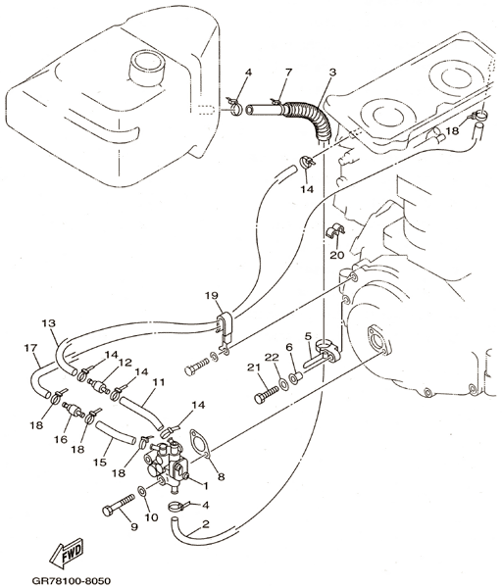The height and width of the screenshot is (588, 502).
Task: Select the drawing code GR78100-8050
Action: point(72,581)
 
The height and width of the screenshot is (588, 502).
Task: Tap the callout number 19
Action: point(211,296)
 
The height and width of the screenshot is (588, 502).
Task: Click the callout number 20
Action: point(337,255)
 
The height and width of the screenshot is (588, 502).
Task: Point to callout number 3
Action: point(332,72)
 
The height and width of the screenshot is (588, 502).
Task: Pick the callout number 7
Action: point(288,72)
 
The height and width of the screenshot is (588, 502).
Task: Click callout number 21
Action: point(254,367)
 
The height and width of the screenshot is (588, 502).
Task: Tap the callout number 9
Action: point(134,527)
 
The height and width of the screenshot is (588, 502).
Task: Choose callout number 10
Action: point(151,517)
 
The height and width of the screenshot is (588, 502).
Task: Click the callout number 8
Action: point(221,476)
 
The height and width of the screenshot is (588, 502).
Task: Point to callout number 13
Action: point(49,322)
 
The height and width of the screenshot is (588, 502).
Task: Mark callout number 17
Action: point(30,348)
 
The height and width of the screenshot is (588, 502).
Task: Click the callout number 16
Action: point(61,439)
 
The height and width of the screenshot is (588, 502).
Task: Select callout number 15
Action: point(100,463)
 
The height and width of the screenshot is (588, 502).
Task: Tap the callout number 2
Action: point(205,524)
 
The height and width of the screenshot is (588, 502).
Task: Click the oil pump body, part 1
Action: point(165,465)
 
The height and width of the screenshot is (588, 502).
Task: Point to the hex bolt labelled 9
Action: point(119,506)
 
